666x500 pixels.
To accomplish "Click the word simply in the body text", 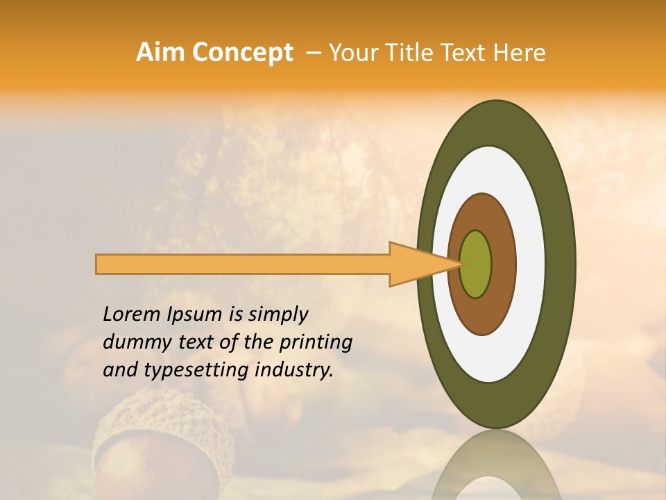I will (277, 315).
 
